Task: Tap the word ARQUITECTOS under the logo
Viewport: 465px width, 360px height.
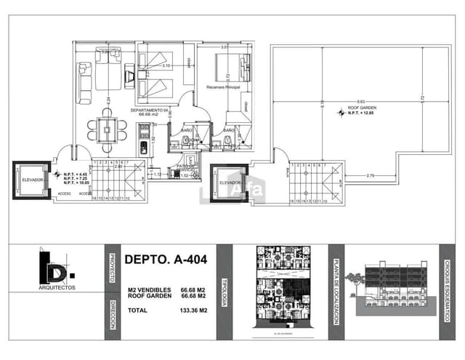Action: (x=56, y=288)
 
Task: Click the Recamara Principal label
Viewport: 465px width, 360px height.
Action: (x=223, y=87)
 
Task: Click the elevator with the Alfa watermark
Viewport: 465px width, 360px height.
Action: (x=229, y=184)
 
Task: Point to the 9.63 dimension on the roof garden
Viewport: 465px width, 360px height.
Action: (x=360, y=101)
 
